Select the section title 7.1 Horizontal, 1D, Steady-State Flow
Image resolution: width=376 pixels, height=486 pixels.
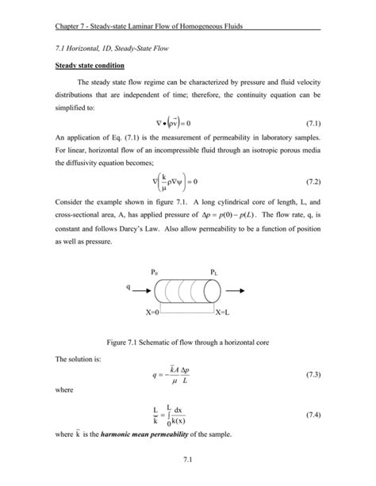[108, 48]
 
